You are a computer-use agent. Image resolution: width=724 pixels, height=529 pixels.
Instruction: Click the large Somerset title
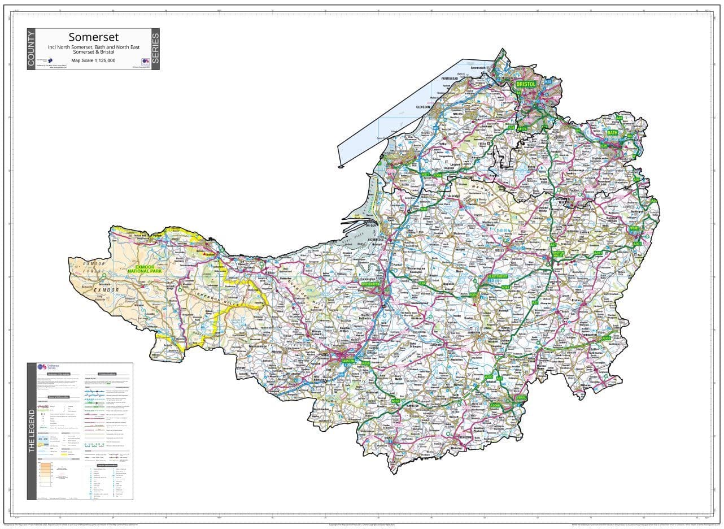94,37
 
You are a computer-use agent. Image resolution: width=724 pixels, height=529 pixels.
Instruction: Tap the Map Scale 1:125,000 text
93,60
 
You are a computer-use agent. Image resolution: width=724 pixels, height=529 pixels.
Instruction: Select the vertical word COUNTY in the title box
31,49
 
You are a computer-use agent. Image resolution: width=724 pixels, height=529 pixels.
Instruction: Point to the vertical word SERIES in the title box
155,49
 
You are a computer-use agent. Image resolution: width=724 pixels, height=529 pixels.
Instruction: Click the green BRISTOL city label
526,84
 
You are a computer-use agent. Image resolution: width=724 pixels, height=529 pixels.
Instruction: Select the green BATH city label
612,133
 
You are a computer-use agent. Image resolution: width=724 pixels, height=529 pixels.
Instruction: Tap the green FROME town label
634,229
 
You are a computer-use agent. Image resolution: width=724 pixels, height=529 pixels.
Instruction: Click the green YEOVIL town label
521,398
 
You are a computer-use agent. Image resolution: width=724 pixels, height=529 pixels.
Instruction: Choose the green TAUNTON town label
347,360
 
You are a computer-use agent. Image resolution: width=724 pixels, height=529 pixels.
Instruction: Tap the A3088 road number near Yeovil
495,405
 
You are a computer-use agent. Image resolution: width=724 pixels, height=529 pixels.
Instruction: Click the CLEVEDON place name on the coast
423,107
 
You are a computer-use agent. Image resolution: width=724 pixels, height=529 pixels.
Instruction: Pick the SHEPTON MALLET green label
558,254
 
